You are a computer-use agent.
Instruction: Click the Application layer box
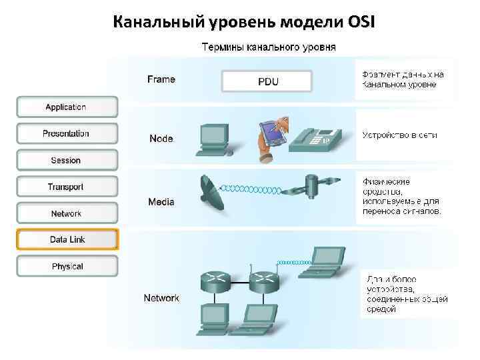(x=67, y=107)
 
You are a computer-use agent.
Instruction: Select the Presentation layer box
(x=67, y=133)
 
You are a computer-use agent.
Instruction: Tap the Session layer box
(x=67, y=160)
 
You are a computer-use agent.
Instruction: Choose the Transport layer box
(x=67, y=187)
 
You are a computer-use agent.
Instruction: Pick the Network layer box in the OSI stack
(x=67, y=213)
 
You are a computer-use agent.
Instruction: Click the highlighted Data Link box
(x=67, y=239)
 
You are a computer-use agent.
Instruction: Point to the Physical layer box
(x=67, y=266)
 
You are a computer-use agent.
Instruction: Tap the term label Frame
(x=161, y=79)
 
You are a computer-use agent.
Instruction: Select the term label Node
(x=161, y=139)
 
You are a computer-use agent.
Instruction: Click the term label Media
(x=161, y=201)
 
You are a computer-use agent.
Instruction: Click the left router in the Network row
(x=215, y=281)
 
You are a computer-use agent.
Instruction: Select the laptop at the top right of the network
(x=326, y=260)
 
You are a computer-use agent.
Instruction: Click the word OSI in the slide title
(x=361, y=22)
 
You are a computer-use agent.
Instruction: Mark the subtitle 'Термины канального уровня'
(x=269, y=47)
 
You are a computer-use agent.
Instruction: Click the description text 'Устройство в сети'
(x=399, y=135)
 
